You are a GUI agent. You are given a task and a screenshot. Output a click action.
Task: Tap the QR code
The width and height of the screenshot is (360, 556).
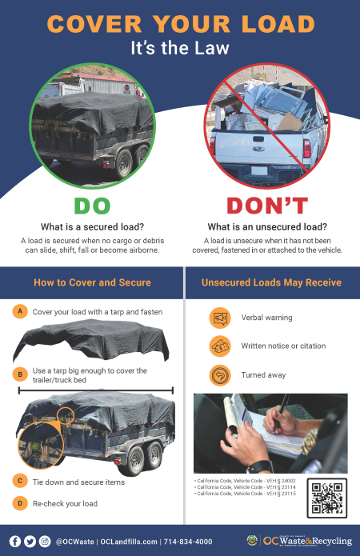326,497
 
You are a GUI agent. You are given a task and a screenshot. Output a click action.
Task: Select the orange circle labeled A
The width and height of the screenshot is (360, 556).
20,311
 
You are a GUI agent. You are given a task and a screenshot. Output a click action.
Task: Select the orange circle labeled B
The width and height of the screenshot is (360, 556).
20,374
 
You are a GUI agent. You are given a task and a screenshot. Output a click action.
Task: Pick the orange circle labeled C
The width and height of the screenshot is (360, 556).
20,480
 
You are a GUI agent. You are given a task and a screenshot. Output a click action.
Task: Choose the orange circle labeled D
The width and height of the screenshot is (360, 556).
20,502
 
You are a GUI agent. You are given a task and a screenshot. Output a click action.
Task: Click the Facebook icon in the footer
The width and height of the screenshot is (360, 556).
15,541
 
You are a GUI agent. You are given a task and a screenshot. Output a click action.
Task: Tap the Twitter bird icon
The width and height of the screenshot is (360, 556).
30,541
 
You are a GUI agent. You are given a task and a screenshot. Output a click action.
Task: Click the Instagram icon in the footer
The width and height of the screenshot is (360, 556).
45,541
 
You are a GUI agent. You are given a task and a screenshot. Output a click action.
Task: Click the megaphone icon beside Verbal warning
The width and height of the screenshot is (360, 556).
219,318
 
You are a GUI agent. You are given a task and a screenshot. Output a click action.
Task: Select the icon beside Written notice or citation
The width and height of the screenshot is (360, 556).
219,346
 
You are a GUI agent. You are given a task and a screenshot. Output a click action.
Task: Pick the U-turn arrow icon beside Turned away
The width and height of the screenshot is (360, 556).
219,374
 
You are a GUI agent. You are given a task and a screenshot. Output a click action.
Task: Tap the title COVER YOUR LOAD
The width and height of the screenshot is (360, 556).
179,23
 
